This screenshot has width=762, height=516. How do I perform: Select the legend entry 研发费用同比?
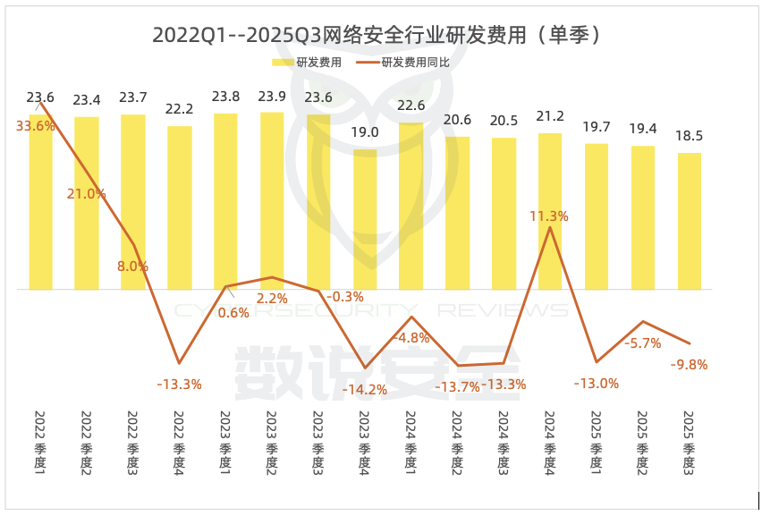[x=402, y=63]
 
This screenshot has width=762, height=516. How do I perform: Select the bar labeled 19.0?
[x=365, y=219]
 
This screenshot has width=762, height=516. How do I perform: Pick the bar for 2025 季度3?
[x=689, y=221]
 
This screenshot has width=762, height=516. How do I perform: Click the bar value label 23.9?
[x=272, y=97]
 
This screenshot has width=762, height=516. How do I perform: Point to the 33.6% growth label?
[x=35, y=126]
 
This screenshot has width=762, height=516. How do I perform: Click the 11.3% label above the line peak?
[x=549, y=216]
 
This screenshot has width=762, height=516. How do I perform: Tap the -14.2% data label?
[x=365, y=389]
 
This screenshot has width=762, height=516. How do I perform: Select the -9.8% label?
[x=689, y=364]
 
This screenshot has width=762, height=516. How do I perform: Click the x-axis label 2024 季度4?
[x=549, y=442]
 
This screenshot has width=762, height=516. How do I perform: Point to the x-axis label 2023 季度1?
[x=225, y=442]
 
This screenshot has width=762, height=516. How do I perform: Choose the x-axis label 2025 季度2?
[x=642, y=442]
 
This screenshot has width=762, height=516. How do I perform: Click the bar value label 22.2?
[x=180, y=109]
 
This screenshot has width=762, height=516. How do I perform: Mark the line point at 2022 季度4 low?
[x=179, y=363]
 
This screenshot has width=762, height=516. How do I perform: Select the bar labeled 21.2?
[x=550, y=211]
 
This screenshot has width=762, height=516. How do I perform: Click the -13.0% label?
[x=597, y=383]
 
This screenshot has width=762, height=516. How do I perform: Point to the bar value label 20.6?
[x=458, y=119]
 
